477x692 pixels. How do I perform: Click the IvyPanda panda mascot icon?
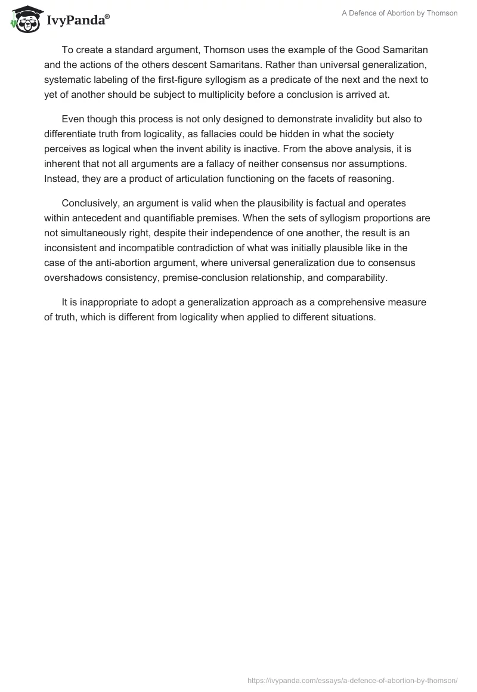[x=24, y=18]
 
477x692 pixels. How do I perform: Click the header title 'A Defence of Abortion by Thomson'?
[x=399, y=13]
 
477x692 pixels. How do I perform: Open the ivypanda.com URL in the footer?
[x=352, y=679]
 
